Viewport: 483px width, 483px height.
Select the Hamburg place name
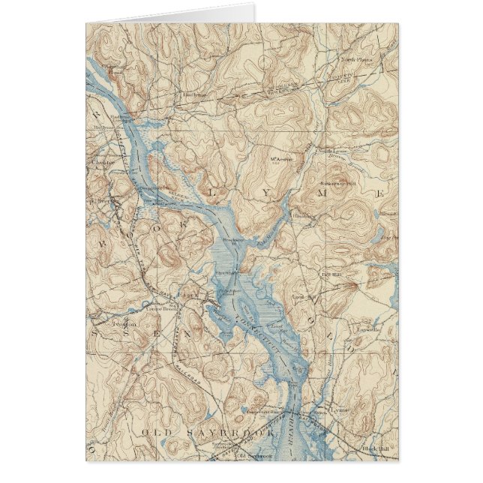pos(303,214)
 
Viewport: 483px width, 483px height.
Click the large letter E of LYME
pos(380,194)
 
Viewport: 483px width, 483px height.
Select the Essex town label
pos(187,296)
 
